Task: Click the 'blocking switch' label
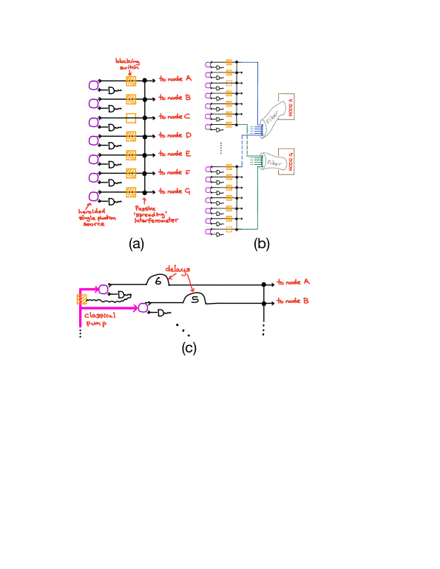[127, 64]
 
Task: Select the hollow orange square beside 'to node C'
[131, 117]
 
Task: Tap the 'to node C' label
[175, 117]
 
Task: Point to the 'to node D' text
[175, 135]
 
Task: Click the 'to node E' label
[175, 154]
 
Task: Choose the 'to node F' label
[175, 172]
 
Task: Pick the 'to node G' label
[175, 191]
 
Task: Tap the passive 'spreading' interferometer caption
[155, 215]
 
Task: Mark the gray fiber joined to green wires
[275, 162]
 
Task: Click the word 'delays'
[177, 270]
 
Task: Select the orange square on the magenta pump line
[82, 299]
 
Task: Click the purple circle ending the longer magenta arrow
[143, 307]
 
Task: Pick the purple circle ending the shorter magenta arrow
[104, 290]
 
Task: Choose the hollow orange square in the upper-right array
[229, 84]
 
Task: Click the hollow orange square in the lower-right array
[229, 230]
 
